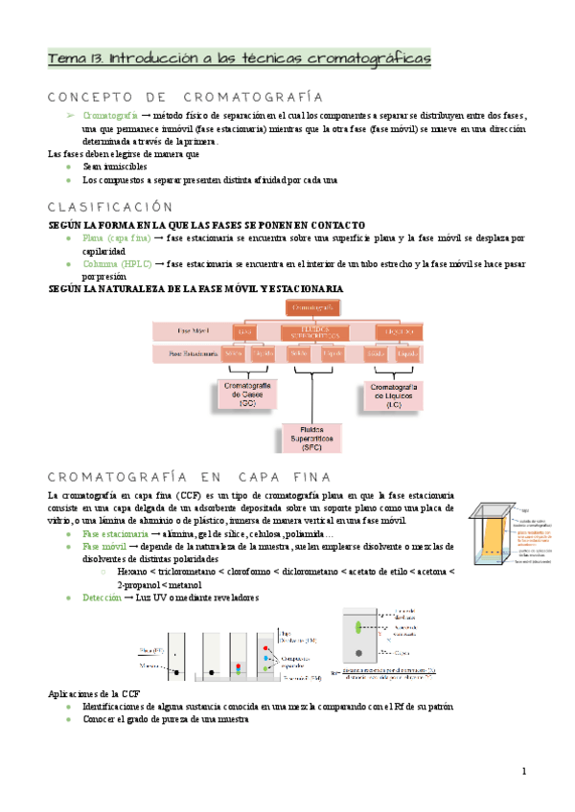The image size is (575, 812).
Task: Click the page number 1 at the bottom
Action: coord(524,772)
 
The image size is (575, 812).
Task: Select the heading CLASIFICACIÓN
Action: coord(110,206)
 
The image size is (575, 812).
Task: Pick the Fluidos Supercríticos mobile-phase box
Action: coord(313,331)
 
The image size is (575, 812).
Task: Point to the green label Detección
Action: coord(103,597)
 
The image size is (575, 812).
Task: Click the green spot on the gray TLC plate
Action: coord(361,627)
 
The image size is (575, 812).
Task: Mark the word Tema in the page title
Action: coord(66,59)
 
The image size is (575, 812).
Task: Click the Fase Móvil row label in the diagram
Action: coord(187,330)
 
